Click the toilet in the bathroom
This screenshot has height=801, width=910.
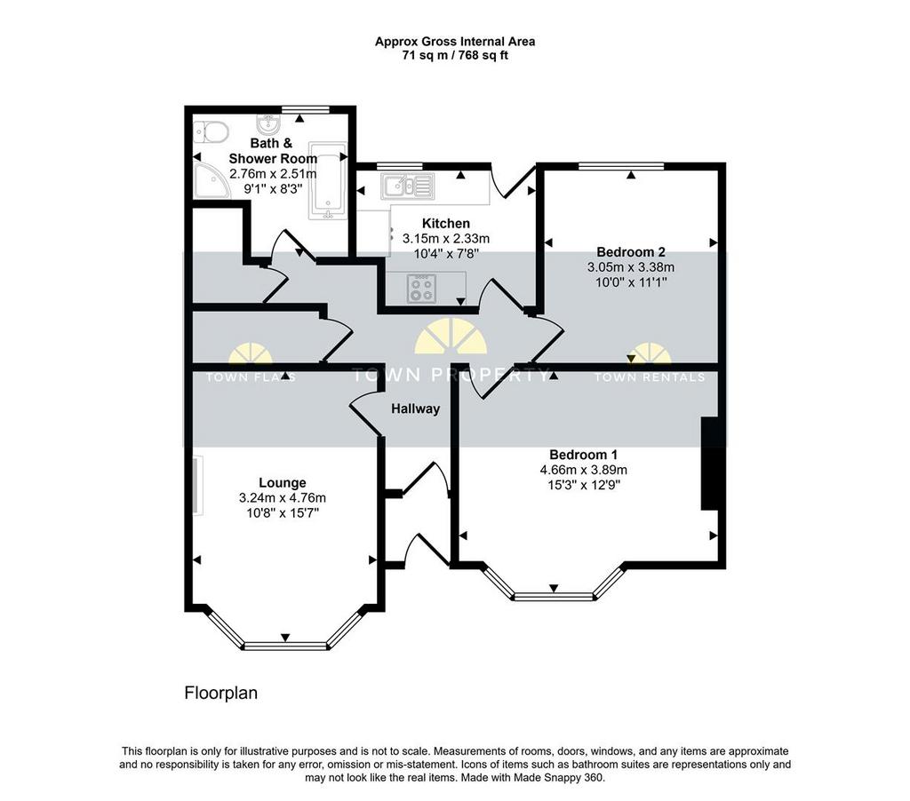[209, 132]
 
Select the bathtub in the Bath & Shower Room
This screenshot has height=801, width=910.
[329, 180]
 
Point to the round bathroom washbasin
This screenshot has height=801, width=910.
[268, 123]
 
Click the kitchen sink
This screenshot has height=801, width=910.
[407, 186]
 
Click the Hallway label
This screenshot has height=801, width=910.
[416, 408]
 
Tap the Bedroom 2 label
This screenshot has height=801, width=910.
[631, 252]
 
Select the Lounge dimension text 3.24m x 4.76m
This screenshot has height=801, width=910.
[282, 497]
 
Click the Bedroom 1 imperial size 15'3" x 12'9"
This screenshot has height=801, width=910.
[583, 485]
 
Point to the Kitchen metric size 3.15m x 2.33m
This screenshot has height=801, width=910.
[446, 238]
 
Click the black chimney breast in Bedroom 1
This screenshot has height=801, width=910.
[710, 464]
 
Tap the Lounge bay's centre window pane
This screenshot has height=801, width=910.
[285, 646]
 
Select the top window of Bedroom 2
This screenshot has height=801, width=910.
[621, 166]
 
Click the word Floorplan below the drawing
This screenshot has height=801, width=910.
[220, 694]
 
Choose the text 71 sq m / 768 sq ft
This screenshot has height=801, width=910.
[455, 56]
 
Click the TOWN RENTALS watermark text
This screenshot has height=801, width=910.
[650, 377]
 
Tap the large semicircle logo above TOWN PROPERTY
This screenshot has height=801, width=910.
[451, 337]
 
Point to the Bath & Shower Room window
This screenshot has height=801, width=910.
[306, 109]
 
